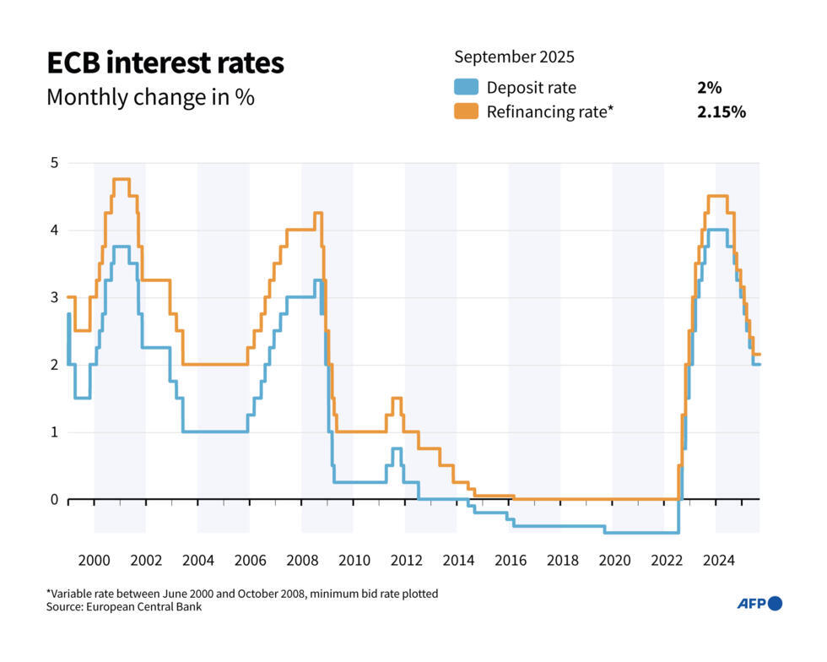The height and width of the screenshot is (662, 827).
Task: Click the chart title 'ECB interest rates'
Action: click(165, 63)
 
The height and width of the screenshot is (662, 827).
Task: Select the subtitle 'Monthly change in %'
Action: click(150, 97)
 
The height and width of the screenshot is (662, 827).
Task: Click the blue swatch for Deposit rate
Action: click(466, 87)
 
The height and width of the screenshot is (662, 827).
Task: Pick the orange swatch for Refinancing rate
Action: click(466, 111)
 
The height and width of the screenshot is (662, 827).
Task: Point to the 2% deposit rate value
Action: click(709, 87)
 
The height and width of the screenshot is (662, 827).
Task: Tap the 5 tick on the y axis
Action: click(53, 162)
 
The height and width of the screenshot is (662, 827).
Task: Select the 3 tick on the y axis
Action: click(53, 297)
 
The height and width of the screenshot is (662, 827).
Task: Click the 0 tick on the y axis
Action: click(53, 499)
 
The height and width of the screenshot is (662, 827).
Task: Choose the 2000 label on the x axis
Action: click(94, 560)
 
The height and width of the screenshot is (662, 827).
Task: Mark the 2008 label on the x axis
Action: click(302, 560)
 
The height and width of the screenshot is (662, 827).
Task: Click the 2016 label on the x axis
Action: click(510, 560)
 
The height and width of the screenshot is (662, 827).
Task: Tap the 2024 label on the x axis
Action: click(718, 560)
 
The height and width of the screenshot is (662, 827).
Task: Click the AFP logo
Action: click(759, 603)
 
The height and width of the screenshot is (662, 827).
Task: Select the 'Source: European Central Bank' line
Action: click(125, 606)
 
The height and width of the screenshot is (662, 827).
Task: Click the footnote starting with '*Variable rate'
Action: click(242, 594)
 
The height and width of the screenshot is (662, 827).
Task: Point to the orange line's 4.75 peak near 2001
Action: click(121, 179)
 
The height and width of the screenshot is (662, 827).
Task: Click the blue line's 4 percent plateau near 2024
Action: click(717, 230)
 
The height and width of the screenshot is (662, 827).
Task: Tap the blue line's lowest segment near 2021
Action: click(641, 532)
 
